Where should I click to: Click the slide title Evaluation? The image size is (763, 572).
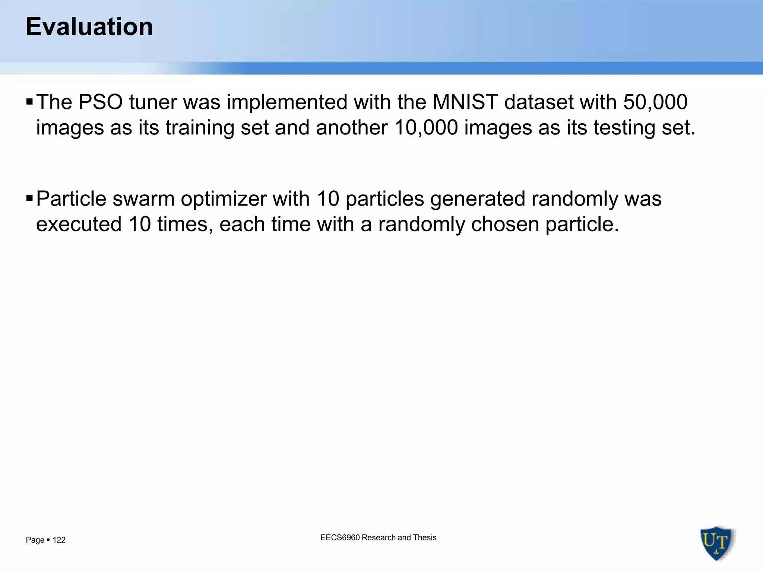89,27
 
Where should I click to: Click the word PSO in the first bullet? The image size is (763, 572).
101,102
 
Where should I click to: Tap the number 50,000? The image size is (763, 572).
655,102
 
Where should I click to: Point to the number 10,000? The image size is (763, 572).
426,128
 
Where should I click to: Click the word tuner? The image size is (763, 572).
153,102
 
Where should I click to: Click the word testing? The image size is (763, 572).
624,128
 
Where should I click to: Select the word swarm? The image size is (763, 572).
143,198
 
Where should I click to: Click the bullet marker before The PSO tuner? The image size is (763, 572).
29,101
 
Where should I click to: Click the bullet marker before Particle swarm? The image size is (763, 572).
29,198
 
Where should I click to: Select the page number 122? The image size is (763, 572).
59,540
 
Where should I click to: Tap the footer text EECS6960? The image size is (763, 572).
340,537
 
